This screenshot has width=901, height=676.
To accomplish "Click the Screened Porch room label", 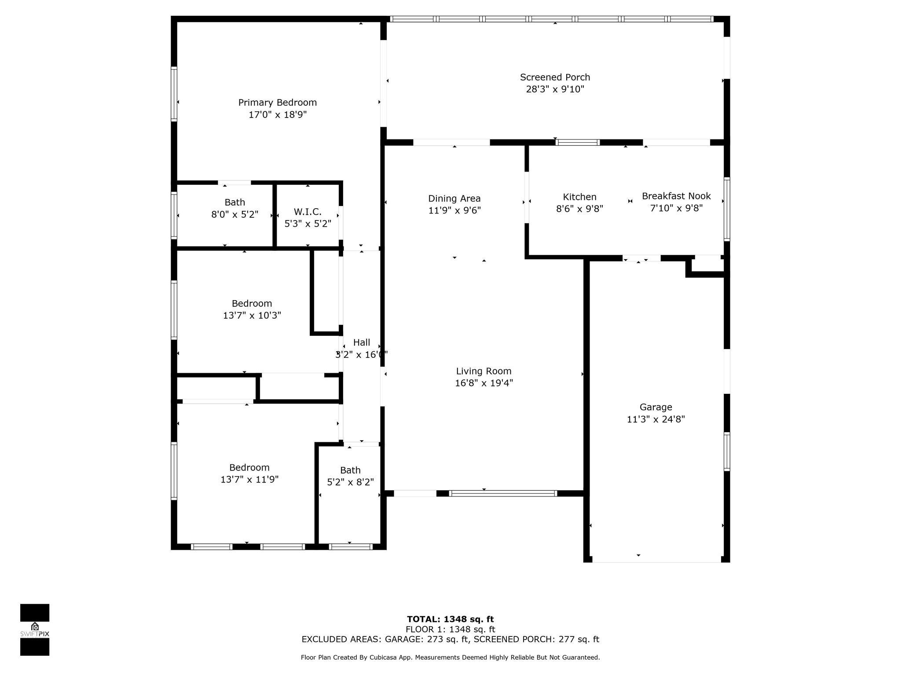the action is coord(555,77).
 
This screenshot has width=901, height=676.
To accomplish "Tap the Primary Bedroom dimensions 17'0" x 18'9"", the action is coord(278,115).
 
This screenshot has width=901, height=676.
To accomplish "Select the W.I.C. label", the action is coord(308,212).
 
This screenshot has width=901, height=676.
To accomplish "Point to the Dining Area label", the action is coord(454,198).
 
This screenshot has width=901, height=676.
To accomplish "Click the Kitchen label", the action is coord(579,197).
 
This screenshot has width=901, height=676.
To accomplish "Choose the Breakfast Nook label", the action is coord(676,196).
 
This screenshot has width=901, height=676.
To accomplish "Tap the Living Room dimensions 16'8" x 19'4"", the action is coord(484,383).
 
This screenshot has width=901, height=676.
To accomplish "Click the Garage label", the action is coord(656,407).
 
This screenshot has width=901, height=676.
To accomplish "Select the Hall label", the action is coord(362,342).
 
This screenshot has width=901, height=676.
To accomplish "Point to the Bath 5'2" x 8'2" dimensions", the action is coord(350,482).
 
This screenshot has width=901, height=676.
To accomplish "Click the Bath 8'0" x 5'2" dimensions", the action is coord(235,215).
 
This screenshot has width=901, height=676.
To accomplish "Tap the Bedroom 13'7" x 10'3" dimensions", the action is coord(252,316).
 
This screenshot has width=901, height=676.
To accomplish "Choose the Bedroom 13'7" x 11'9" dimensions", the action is coord(249,480).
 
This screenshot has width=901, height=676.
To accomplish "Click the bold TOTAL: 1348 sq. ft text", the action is coord(450,619).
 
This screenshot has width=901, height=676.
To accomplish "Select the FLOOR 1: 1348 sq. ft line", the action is coord(450,629).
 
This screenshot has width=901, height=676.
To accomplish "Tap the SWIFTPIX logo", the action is coord(35,630).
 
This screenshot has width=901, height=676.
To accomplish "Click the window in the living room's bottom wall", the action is coord(503,493).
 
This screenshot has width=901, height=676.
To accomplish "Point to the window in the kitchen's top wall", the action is coord(578,142).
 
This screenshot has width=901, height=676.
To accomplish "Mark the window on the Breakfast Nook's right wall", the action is coord(727,209).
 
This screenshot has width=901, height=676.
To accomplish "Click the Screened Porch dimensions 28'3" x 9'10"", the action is coord(555,89).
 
